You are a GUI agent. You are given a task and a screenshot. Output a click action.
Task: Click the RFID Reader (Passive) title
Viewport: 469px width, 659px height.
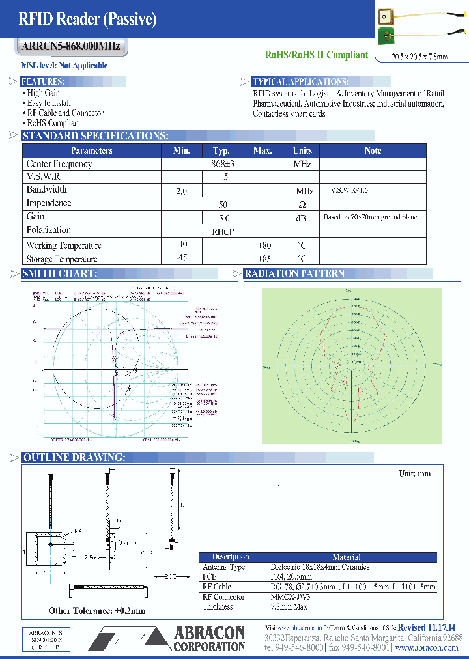pyautogui.click(x=87, y=20)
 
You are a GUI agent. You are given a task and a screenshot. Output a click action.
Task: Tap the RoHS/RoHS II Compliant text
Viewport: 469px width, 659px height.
pyautogui.click(x=317, y=55)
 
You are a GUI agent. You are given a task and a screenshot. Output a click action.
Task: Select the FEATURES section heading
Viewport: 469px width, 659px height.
pyautogui.click(x=42, y=82)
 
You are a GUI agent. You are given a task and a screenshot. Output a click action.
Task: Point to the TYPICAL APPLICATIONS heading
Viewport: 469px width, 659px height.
pyautogui.click(x=300, y=82)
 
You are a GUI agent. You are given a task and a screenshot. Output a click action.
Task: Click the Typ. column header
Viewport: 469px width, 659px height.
pyautogui.click(x=221, y=150)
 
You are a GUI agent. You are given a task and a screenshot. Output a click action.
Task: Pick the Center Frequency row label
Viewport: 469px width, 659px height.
pyautogui.click(x=59, y=164)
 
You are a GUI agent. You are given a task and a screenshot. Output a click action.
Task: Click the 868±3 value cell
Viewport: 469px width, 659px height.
pyautogui.click(x=223, y=164)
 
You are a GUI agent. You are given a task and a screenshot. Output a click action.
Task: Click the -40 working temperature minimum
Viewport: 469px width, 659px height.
pyautogui.click(x=181, y=245)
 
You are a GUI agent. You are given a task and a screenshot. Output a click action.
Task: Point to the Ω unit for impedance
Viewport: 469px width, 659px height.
pyautogui.click(x=302, y=204)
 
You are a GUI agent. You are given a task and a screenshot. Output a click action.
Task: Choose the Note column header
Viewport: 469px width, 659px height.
pyautogui.click(x=373, y=150)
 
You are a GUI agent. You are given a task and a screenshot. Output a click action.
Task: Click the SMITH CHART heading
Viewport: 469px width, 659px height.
pyautogui.click(x=59, y=273)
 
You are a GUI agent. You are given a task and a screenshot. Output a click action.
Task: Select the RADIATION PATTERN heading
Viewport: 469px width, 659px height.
pyautogui.click(x=294, y=273)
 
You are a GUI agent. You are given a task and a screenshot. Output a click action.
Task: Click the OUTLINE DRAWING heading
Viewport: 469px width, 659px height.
pyautogui.click(x=74, y=458)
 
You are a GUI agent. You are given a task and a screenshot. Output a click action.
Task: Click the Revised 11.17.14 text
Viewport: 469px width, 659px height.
pyautogui.click(x=427, y=626)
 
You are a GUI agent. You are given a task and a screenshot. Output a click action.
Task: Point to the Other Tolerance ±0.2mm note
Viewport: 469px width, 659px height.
pyautogui.click(x=97, y=611)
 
